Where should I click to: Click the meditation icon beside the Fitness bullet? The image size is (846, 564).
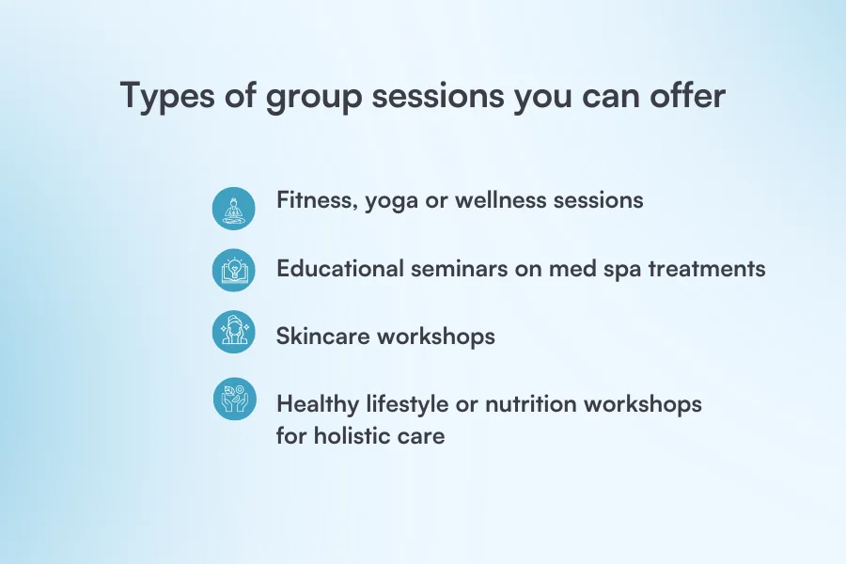233,209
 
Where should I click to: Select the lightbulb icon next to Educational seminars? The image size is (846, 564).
233,271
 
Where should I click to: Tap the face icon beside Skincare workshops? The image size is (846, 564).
233,333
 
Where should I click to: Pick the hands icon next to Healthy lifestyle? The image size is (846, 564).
233,399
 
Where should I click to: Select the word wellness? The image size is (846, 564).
505,201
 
